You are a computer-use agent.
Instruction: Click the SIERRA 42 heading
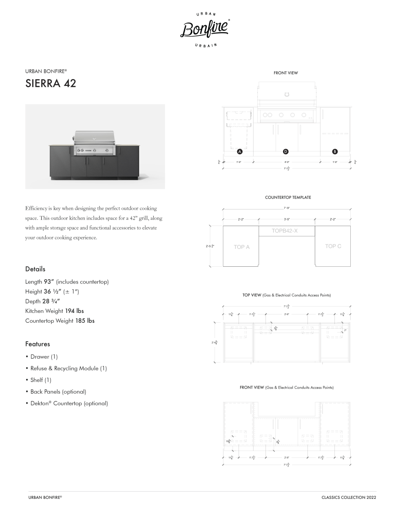click(51, 83)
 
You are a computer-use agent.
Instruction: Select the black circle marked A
click(240, 151)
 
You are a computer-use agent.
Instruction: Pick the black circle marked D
click(286, 151)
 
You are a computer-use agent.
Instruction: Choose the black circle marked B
click(335, 151)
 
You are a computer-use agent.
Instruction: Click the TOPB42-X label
click(285, 231)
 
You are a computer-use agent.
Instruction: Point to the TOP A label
click(242, 247)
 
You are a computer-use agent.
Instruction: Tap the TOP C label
click(333, 246)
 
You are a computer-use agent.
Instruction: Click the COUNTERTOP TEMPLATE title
click(288, 198)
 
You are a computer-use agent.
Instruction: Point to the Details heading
click(35, 269)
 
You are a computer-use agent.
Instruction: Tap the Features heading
click(38, 344)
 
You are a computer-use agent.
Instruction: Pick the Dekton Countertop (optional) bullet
click(69, 403)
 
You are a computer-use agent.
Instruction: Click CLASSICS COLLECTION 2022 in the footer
click(349, 498)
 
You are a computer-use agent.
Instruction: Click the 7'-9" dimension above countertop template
click(287, 208)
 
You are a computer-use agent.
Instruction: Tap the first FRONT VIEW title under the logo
click(286, 73)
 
